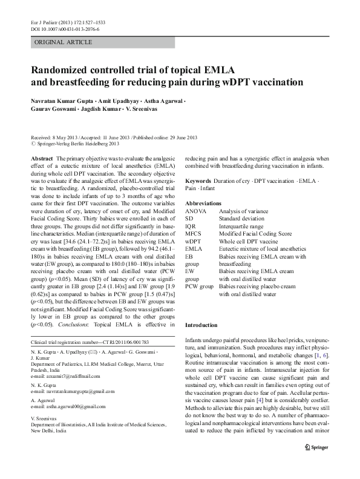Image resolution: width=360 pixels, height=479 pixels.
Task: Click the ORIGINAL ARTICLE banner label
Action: point(64,42)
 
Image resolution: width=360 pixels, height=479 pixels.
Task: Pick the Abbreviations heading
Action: point(203,203)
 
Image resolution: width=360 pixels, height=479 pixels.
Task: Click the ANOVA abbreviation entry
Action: point(196,211)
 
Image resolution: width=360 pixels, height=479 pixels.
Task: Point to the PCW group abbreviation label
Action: point(199,286)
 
